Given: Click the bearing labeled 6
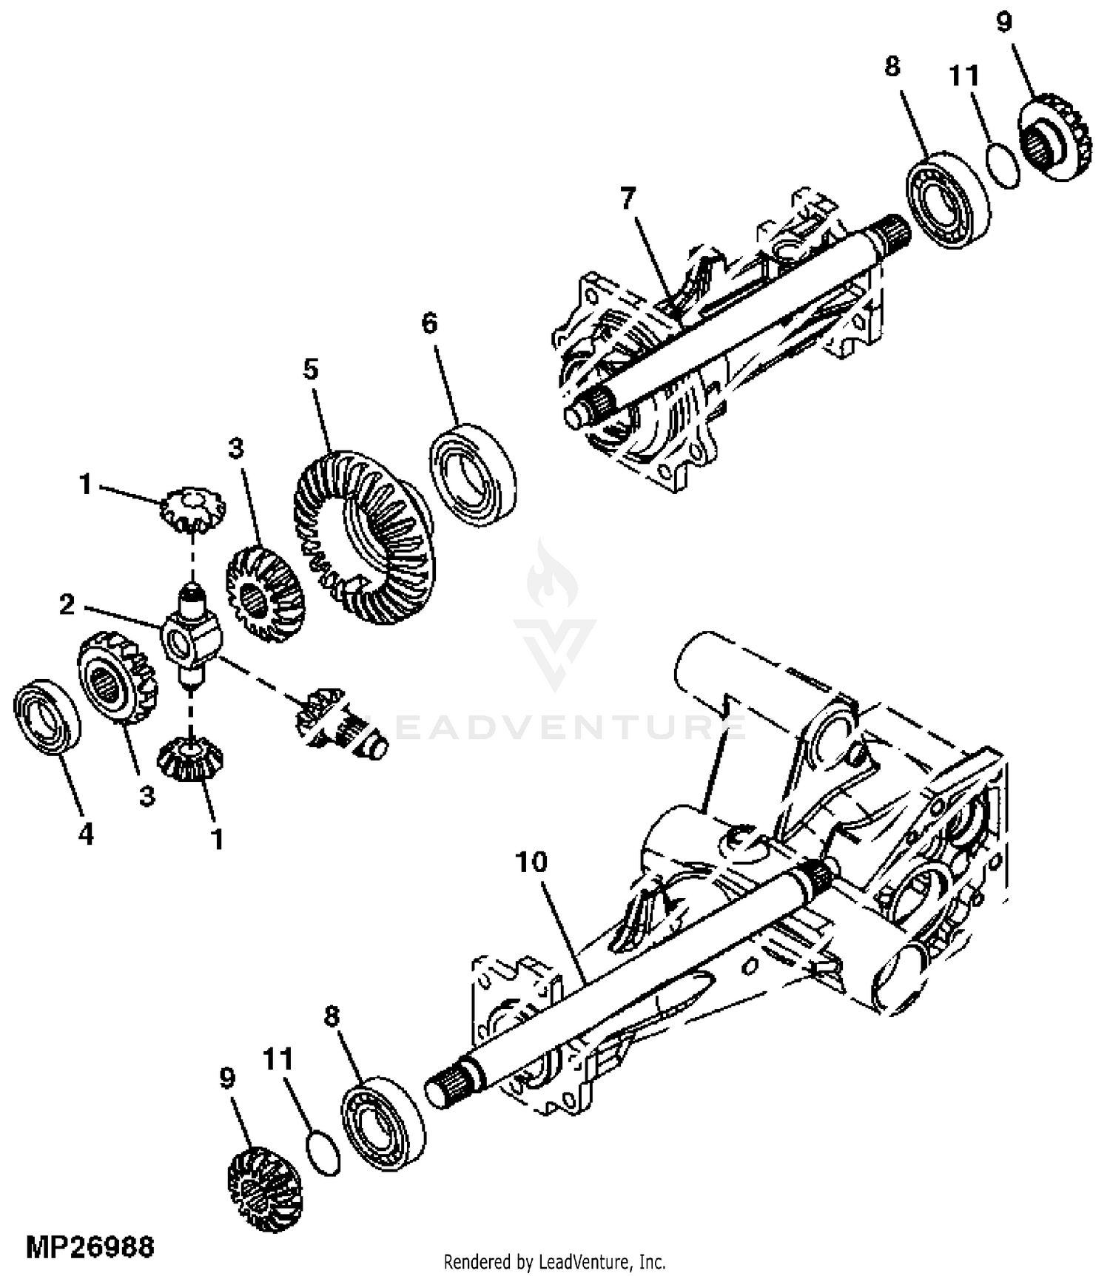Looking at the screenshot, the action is coord(473,475).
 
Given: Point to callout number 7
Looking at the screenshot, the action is coord(628,198).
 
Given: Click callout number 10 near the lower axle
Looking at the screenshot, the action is coord(531,862).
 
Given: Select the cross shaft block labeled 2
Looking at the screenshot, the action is coord(191,634).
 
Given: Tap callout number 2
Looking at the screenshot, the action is coord(67,605).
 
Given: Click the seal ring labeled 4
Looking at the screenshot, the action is coord(47,717).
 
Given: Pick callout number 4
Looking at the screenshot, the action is coord(86,834).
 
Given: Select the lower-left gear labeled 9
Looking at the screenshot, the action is coord(263,1189).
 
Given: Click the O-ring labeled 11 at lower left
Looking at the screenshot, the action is coord(323,1152).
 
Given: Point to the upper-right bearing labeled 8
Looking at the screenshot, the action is coord(948,200).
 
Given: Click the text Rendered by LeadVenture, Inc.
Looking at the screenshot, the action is coord(554,1260).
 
